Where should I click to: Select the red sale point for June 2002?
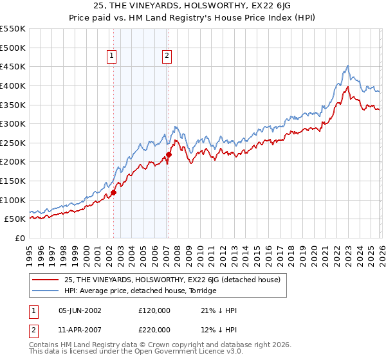(x=113, y=192)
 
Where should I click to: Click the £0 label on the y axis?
(x=19, y=238)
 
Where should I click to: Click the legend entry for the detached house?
(x=172, y=280)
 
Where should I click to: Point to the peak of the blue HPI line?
(x=347, y=66)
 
